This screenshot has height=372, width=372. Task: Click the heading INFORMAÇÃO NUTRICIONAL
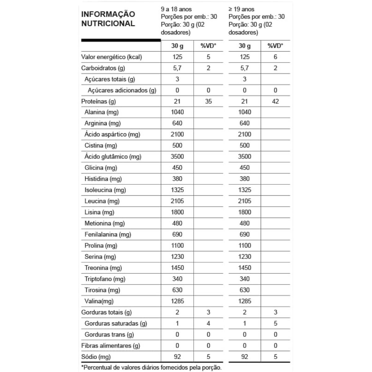pyautogui.click(x=108, y=19)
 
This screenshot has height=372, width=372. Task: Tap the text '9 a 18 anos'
pyautogui.click(x=176, y=9)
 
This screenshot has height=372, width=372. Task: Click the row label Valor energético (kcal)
pyautogui.click(x=111, y=57)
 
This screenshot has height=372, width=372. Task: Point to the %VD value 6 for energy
pyautogui.click(x=275, y=57)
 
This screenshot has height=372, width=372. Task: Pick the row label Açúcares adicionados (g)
pyautogui.click(x=122, y=91)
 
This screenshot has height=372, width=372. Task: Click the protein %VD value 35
pyautogui.click(x=208, y=101)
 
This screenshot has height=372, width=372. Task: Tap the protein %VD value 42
pyautogui.click(x=275, y=101)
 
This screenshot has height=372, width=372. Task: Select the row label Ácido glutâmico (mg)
pyautogui.click(x=113, y=157)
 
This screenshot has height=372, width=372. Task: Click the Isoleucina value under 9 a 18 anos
pyautogui.click(x=177, y=190)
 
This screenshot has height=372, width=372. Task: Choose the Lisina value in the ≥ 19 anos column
pyautogui.click(x=245, y=212)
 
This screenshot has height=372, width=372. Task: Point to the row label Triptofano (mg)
pyautogui.click(x=105, y=279)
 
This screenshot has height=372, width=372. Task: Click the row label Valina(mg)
pyautogui.click(x=99, y=301)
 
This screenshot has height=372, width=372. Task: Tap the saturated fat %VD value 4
pyautogui.click(x=208, y=324)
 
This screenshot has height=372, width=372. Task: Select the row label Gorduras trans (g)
pyautogui.click(x=109, y=335)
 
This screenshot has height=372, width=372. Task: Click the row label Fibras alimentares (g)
pyautogui.click(x=111, y=346)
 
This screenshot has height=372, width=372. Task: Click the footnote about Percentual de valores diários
pyautogui.click(x=152, y=368)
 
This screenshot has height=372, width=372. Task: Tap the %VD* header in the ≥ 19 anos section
pyautogui.click(x=275, y=46)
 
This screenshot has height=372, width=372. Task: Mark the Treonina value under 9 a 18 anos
pyautogui.click(x=177, y=268)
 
